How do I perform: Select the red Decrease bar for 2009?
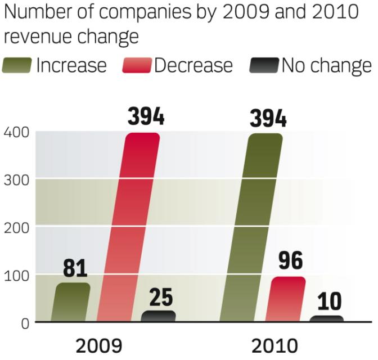(x=129, y=228)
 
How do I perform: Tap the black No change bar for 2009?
(x=158, y=316)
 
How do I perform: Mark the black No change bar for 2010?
(x=327, y=318)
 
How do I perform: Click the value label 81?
(x=75, y=269)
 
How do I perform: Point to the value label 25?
(x=161, y=298)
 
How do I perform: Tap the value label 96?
(x=290, y=261)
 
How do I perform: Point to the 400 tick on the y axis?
(x=15, y=133)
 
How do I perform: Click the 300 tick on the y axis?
(x=15, y=180)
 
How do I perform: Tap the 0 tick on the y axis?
(x=24, y=323)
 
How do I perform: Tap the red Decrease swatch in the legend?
(x=137, y=66)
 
